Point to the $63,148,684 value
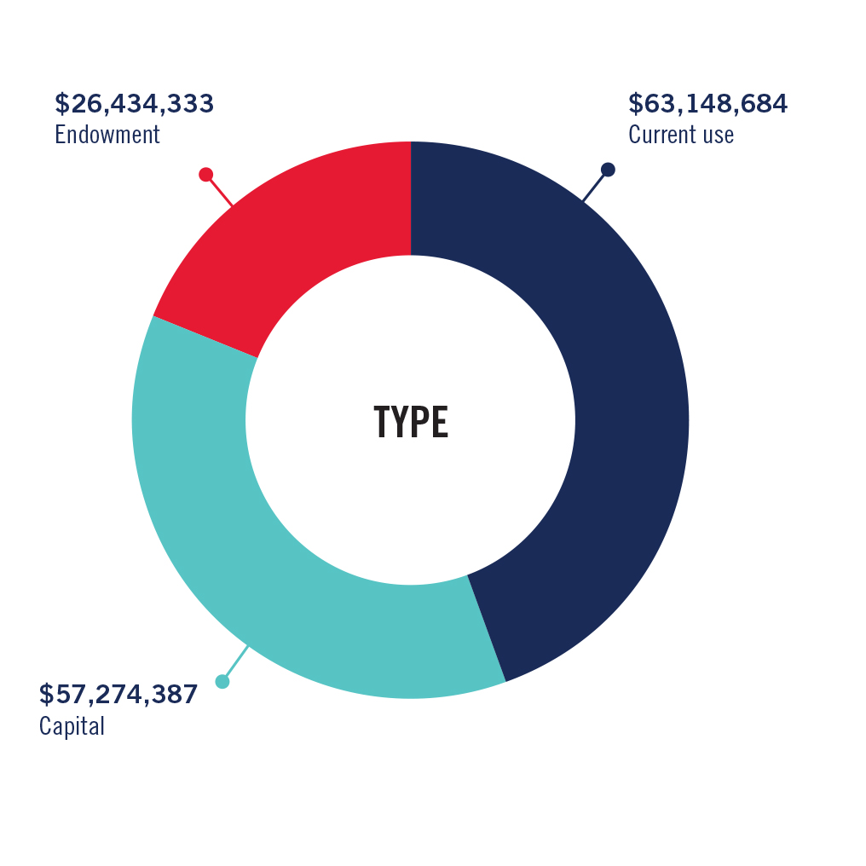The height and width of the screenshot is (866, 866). (707, 103)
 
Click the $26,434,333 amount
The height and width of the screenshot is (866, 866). (134, 103)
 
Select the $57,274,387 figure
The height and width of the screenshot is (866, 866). (118, 695)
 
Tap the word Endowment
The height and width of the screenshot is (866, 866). (107, 135)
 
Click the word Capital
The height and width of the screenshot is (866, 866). (72, 727)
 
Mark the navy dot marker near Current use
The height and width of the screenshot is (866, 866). (608, 170)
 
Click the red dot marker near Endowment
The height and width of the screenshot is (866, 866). (205, 175)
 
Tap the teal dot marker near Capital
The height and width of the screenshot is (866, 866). (222, 681)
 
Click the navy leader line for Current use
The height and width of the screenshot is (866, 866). (594, 186)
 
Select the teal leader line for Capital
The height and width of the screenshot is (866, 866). (235, 663)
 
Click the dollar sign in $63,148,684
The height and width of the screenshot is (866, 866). (635, 103)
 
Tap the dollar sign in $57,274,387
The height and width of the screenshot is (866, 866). (46, 695)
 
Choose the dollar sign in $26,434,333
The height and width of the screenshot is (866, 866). (61, 103)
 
